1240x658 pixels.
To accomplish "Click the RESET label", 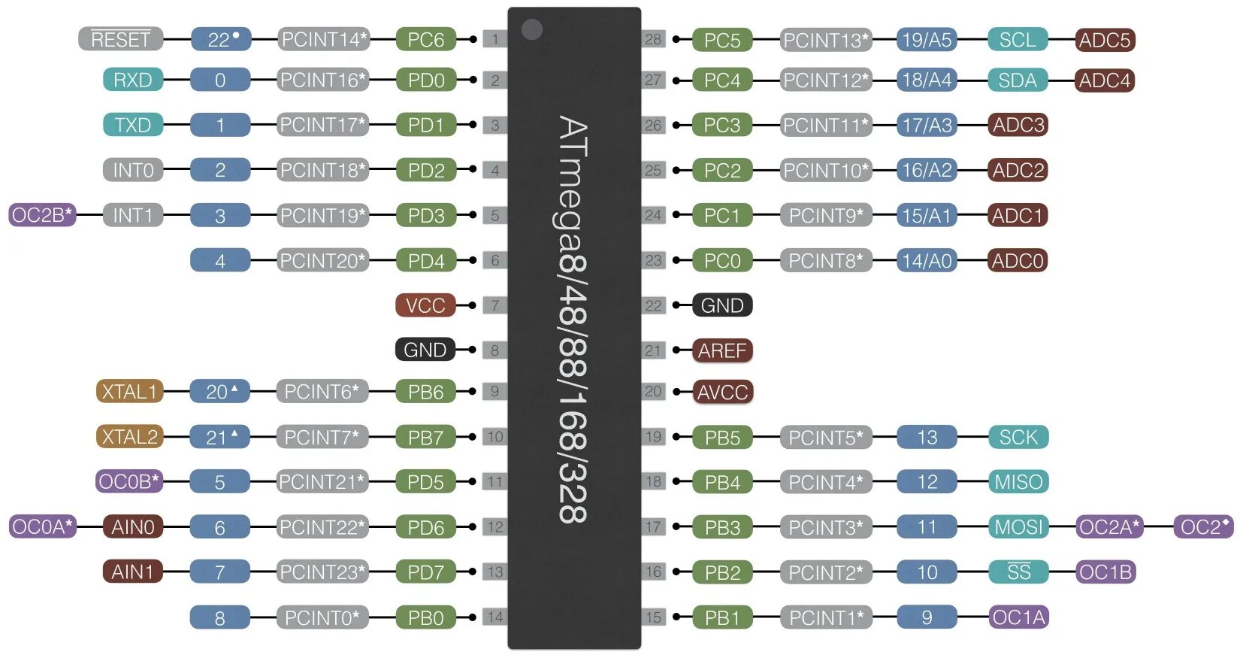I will [120, 39].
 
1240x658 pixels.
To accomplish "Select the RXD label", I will [133, 80].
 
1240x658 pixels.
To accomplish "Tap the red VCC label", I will [425, 305].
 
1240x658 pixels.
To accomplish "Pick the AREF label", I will [722, 350].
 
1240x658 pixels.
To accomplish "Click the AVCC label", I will [722, 392].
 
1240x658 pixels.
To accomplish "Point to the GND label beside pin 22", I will [722, 305].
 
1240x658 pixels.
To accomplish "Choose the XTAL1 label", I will [129, 392].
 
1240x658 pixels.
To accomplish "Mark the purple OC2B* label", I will [42, 215].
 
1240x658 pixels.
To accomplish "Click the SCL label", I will [1018, 40].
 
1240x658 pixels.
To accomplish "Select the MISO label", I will [1018, 482].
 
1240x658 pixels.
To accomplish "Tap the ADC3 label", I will [1018, 125].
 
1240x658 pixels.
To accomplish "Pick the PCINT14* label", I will [323, 39].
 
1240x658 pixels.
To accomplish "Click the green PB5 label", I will [722, 437].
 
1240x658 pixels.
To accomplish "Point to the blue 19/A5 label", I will [927, 40].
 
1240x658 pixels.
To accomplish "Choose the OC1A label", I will [1018, 617].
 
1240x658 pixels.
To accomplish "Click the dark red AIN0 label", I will [132, 527].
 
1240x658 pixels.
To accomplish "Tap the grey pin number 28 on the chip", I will [653, 39].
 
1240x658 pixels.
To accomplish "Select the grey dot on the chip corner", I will [532, 29].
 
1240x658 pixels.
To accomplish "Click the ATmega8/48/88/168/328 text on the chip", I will [573, 320].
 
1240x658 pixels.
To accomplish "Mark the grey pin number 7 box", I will [494, 305].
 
